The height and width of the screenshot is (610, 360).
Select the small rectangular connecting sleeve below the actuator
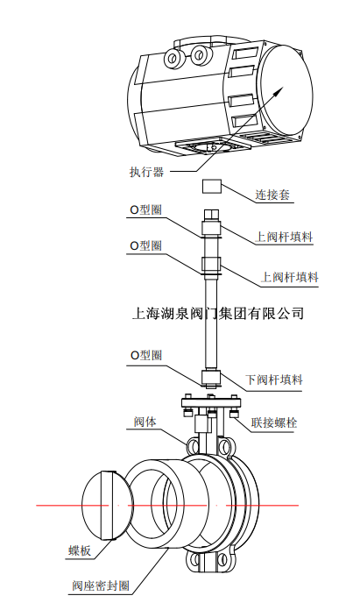(x=212, y=187)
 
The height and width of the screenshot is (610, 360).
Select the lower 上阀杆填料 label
(x=290, y=278)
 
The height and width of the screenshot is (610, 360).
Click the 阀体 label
(x=145, y=422)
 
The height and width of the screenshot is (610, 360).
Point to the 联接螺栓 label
(x=274, y=422)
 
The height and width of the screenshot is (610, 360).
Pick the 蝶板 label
(x=81, y=551)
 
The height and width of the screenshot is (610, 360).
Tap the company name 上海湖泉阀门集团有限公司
(x=216, y=313)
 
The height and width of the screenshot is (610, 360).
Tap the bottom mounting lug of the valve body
(x=209, y=560)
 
